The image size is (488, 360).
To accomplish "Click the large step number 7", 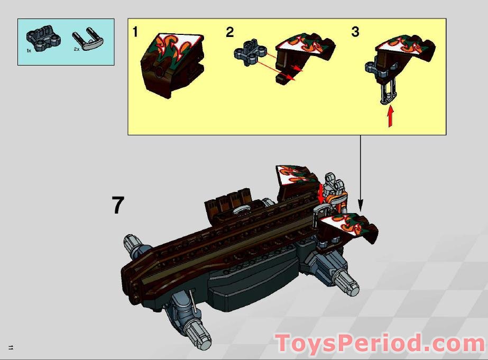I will pyautogui.click(x=118, y=205).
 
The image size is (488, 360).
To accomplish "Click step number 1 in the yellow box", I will pyautogui.click(x=135, y=32).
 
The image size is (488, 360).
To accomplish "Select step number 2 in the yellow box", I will pyautogui.click(x=229, y=32).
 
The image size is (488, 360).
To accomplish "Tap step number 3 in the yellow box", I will pyautogui.click(x=355, y=32).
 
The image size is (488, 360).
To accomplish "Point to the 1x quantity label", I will pyautogui.click(x=30, y=50).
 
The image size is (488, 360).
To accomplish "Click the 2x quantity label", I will pyautogui.click(x=76, y=49).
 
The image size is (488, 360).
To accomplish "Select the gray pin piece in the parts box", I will pyautogui.click(x=88, y=39).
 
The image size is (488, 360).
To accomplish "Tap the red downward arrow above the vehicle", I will pyautogui.click(x=320, y=193).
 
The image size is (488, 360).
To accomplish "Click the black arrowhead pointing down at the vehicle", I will pyautogui.click(x=361, y=204).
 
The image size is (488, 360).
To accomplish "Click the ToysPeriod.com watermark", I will pyautogui.click(x=379, y=344).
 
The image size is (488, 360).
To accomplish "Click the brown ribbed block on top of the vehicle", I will pyautogui.click(x=231, y=200).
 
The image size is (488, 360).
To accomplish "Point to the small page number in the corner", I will pyautogui.click(x=11, y=347).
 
